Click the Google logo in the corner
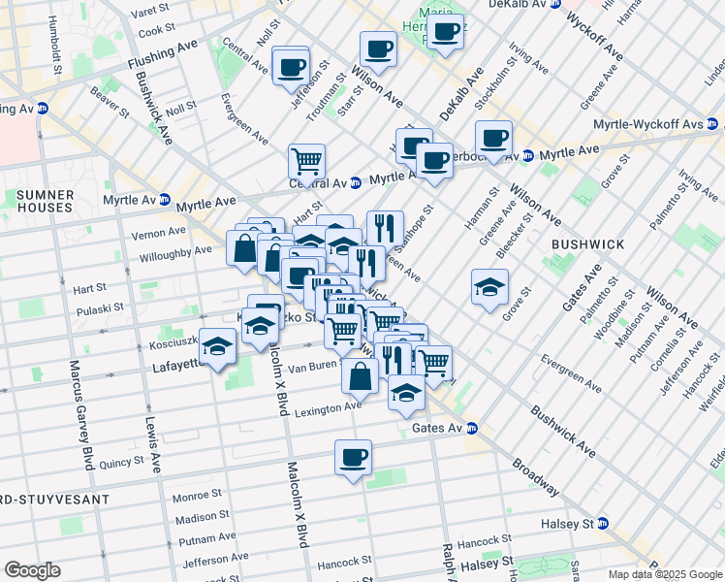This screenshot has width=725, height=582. (x=31, y=570)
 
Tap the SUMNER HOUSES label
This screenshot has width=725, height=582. (x=44, y=201)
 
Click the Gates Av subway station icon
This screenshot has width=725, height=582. (x=471, y=428)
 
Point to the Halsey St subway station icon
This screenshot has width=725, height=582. (x=603, y=524)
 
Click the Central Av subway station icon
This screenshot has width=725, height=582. (x=356, y=181)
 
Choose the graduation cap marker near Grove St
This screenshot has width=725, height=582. (x=489, y=286)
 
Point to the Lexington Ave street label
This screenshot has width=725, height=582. (x=328, y=408)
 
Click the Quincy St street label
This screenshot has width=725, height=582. (x=120, y=463)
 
